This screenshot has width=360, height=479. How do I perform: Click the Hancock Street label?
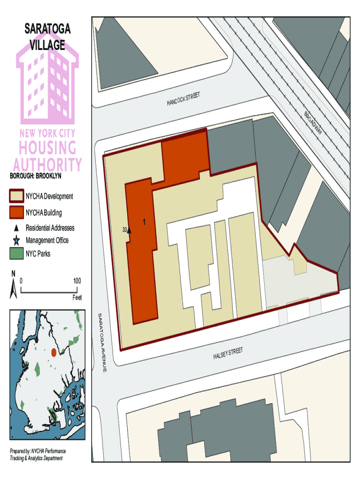coord(183,99)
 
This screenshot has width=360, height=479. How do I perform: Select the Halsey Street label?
coord(228,354)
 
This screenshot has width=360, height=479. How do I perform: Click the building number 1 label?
coord(144,221)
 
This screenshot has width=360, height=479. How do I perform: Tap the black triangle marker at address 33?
coord(130,230)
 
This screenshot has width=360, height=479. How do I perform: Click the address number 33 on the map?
coord(124,230)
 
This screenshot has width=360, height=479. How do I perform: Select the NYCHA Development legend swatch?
coord(16,196)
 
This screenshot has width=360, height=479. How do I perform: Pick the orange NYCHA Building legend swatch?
coord(16,213)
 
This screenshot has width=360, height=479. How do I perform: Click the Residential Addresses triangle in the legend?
coord(16,228)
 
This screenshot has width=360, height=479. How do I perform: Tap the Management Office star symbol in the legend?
coord(16,240)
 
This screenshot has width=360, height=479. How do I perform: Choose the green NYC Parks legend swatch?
coord(16,254)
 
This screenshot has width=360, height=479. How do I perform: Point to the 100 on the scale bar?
coord(77,281)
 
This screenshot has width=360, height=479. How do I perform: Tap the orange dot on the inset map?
coord(53,352)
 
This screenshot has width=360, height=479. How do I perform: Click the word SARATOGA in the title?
coord(48,29)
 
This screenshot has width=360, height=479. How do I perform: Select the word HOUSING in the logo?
coord(47,148)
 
